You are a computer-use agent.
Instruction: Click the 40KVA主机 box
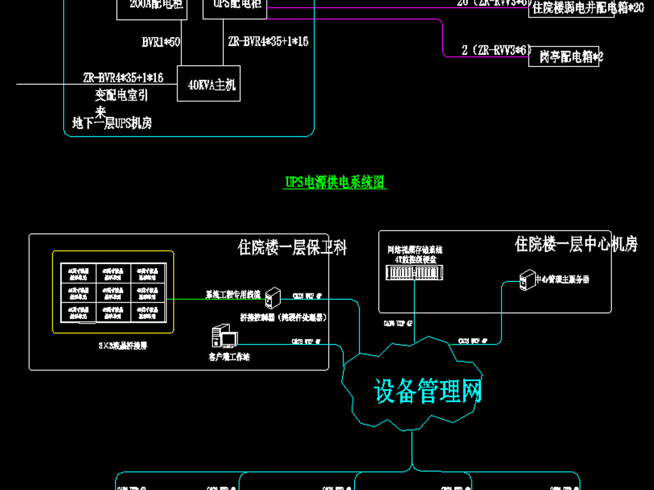(209, 84)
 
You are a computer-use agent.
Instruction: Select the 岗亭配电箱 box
(565, 57)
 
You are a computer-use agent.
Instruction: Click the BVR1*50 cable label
(161, 42)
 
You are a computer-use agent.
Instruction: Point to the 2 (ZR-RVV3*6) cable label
(496, 50)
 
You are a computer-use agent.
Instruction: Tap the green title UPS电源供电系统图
(335, 182)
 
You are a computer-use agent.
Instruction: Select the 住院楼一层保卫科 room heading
(292, 248)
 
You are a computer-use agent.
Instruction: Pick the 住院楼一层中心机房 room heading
(575, 244)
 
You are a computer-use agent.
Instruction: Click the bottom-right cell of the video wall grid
(147, 311)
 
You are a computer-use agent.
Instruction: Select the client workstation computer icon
(224, 337)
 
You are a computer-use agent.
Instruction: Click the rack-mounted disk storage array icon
(414, 273)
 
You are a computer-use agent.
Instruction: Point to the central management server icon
(527, 279)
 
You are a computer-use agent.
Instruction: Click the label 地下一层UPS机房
(112, 124)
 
